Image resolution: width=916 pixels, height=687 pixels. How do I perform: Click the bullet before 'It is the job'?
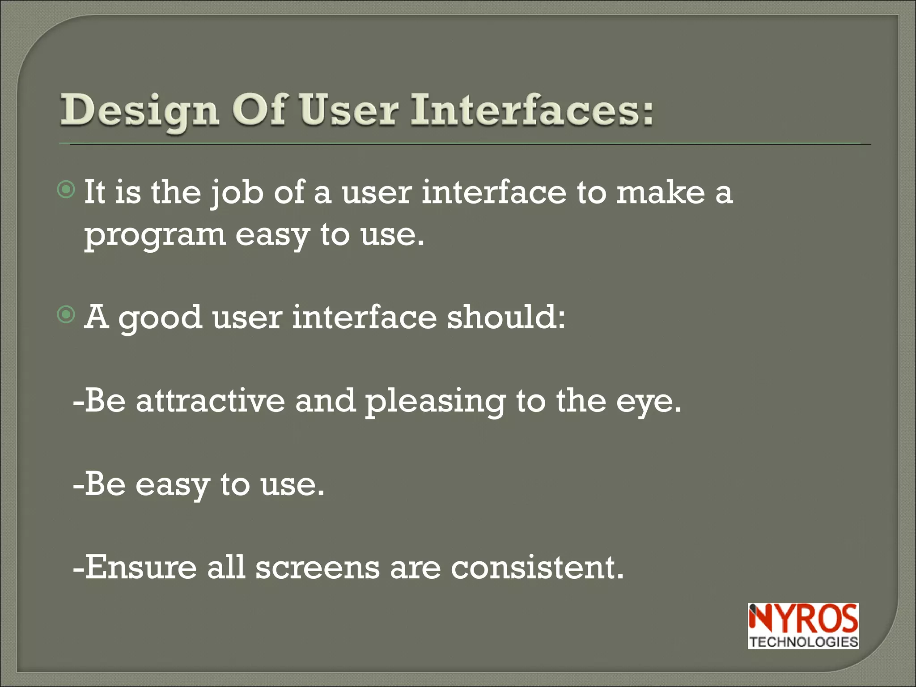click(x=67, y=190)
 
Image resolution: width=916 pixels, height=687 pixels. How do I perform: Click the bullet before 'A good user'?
click(x=67, y=315)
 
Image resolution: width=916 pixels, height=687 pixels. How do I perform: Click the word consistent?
click(x=537, y=567)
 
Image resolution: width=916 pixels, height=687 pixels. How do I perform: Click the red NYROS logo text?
click(x=803, y=618)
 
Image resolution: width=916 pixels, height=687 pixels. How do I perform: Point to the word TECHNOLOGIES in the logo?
click(x=803, y=642)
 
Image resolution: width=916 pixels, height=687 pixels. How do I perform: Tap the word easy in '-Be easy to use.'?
click(x=172, y=486)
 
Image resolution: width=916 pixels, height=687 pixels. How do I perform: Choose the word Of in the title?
click(x=260, y=110)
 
